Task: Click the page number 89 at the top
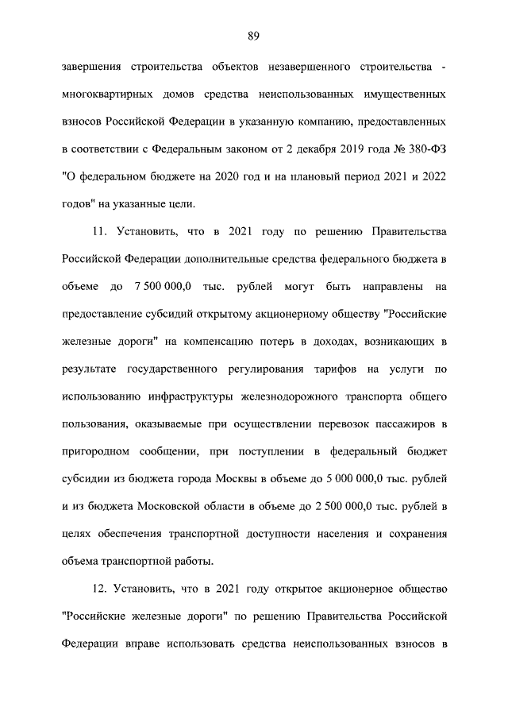[254, 35]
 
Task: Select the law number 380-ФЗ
[425, 149]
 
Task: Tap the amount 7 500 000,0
[164, 285]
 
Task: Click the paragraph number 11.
[96, 231]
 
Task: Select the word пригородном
[96, 451]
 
